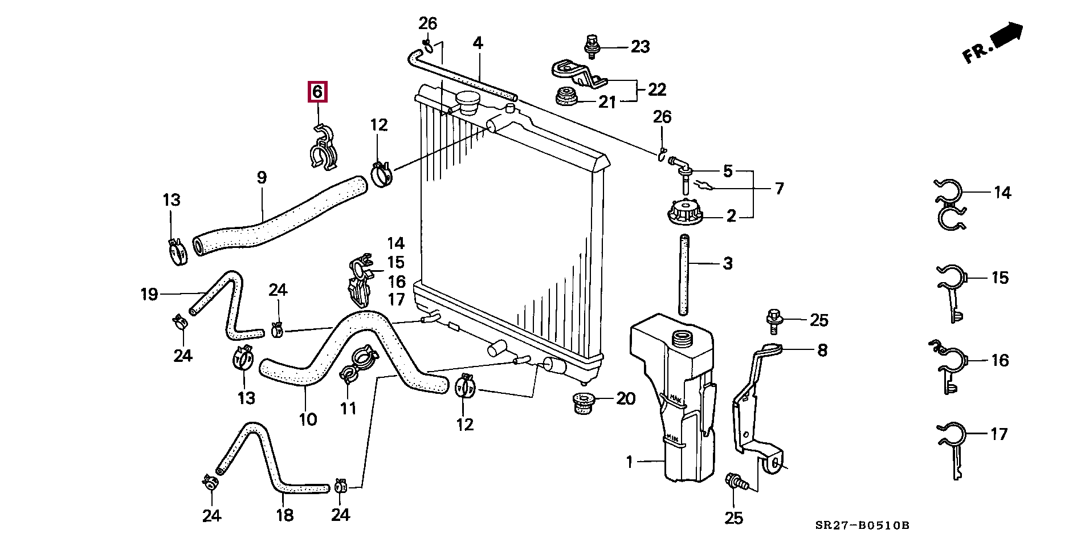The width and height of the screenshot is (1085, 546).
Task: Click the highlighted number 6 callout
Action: pyautogui.click(x=317, y=92)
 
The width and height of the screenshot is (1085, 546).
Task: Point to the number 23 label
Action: pyautogui.click(x=640, y=47)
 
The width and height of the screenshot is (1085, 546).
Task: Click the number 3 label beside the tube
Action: pyautogui.click(x=727, y=264)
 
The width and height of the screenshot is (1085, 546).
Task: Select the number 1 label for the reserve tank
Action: pyautogui.click(x=629, y=462)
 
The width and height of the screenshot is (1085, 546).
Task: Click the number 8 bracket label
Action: pyautogui.click(x=822, y=350)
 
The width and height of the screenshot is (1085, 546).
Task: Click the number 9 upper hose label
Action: pyautogui.click(x=262, y=178)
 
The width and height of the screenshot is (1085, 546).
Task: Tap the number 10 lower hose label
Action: pyautogui.click(x=307, y=420)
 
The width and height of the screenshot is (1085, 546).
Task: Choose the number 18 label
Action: pyautogui.click(x=284, y=516)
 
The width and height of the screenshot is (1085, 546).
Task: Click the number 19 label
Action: pyautogui.click(x=149, y=295)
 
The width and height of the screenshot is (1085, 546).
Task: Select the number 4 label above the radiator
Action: pyautogui.click(x=478, y=43)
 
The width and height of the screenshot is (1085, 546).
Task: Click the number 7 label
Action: pyautogui.click(x=778, y=188)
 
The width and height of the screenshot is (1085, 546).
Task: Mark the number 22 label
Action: pyautogui.click(x=656, y=89)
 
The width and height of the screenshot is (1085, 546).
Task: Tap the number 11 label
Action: pyautogui.click(x=348, y=408)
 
